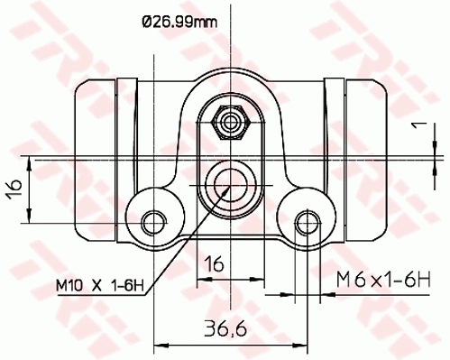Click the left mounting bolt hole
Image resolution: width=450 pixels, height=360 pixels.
[x=156, y=218]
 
